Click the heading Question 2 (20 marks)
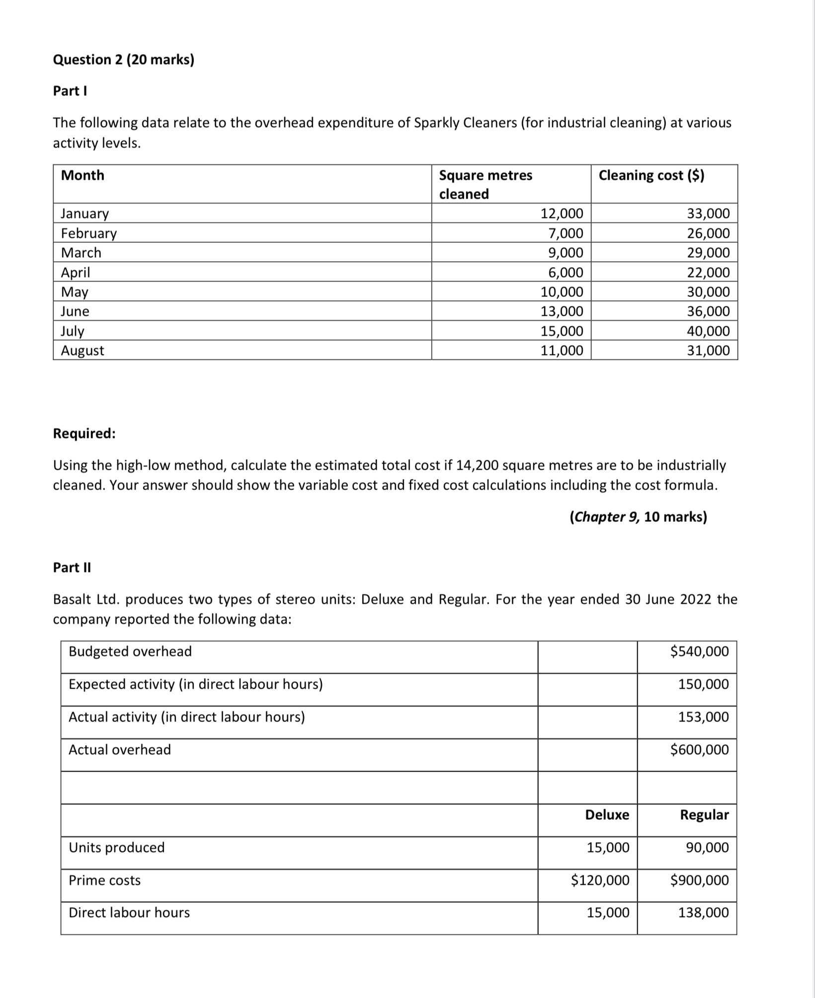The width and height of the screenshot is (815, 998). [x=124, y=60]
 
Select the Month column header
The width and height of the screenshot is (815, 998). [x=82, y=175]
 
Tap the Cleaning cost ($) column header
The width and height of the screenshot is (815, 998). [x=651, y=175]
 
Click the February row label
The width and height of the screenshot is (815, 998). [x=89, y=233]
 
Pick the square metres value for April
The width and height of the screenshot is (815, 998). [x=566, y=273]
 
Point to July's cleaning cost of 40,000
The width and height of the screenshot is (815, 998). [x=708, y=331]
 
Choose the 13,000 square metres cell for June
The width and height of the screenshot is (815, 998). [x=562, y=311]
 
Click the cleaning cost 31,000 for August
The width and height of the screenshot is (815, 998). [x=708, y=351]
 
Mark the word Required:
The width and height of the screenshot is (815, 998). [x=84, y=433]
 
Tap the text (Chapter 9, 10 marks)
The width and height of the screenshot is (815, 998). [x=638, y=517]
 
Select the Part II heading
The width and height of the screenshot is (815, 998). [x=72, y=567]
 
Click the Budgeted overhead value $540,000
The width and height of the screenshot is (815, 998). [x=699, y=651]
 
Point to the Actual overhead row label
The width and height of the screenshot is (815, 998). [x=120, y=750]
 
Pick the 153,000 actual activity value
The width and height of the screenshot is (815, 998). [x=704, y=717]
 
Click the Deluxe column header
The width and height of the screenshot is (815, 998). [x=607, y=815]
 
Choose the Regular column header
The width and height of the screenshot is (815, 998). [x=704, y=815]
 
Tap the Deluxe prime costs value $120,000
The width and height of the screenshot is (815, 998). [x=600, y=880]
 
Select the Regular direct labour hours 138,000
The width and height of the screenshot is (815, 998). [x=704, y=913]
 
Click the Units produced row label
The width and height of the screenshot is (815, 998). [x=117, y=848]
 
